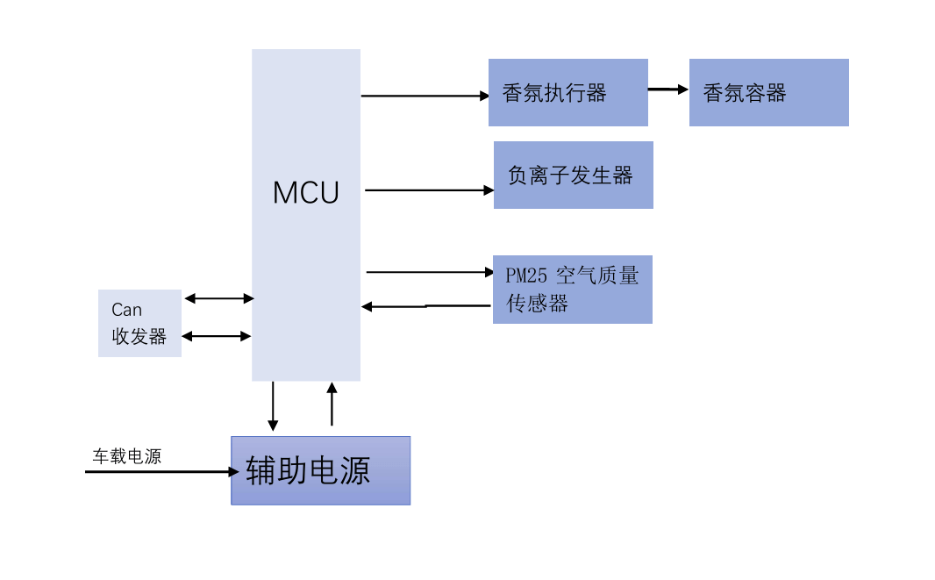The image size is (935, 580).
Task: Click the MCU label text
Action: tap(305, 192)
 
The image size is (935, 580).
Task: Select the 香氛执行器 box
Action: tap(567, 92)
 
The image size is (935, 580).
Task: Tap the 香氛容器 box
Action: tap(768, 92)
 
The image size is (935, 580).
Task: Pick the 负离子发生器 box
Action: tap(573, 175)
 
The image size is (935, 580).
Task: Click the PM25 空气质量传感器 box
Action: tap(572, 289)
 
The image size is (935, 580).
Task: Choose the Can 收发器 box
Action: tap(139, 323)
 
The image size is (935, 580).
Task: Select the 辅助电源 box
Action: tap(320, 470)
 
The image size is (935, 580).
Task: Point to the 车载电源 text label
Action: tap(127, 456)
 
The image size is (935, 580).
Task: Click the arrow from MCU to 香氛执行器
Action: tap(425, 96)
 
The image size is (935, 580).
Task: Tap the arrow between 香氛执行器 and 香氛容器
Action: tap(668, 89)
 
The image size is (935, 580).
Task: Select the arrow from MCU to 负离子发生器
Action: tap(429, 190)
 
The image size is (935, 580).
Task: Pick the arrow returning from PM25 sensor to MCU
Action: tap(426, 306)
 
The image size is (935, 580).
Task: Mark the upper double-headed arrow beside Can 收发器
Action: tap(219, 298)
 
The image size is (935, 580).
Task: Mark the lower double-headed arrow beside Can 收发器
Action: tap(217, 335)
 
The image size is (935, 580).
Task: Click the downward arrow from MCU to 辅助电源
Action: tap(273, 405)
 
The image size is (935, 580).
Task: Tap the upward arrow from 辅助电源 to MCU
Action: tap(332, 405)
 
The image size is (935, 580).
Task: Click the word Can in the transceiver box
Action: tap(126, 310)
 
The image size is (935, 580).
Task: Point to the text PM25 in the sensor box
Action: tap(526, 276)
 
